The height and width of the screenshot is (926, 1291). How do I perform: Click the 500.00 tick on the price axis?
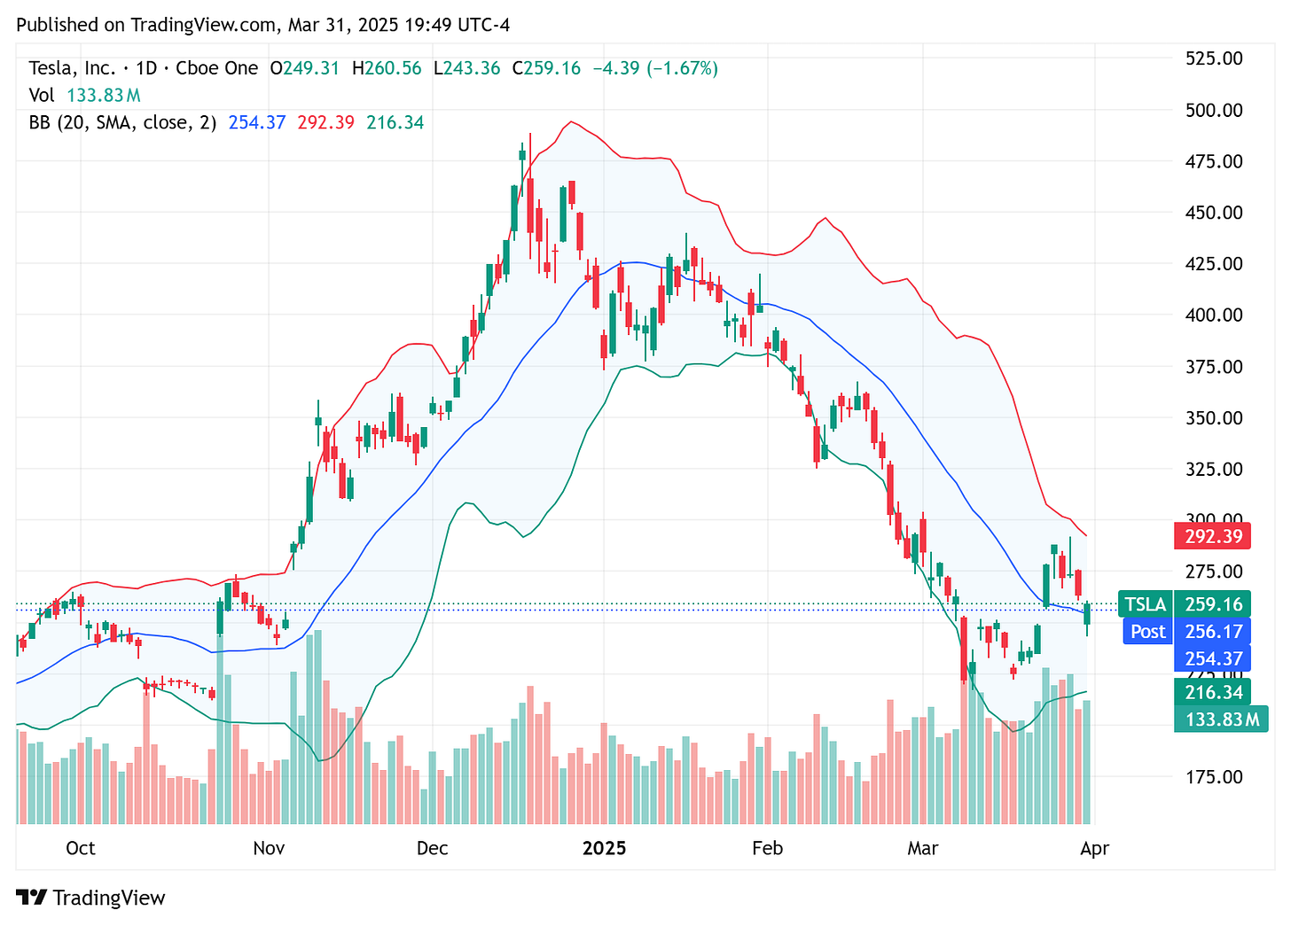[1213, 110]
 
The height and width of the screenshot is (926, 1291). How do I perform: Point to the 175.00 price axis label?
[1213, 777]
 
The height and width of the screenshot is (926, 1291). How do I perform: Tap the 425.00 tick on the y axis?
[1213, 264]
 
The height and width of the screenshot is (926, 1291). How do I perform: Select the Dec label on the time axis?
[432, 848]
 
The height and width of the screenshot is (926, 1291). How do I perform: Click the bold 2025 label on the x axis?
[604, 848]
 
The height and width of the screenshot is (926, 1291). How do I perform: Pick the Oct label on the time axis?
[81, 848]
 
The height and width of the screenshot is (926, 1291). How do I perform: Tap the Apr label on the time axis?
[1094, 848]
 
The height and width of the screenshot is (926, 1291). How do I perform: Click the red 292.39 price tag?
[1212, 536]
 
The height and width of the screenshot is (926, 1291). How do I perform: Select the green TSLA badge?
[1145, 604]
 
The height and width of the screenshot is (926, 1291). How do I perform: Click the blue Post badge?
[1147, 632]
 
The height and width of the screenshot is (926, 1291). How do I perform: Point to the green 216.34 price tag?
[1212, 692]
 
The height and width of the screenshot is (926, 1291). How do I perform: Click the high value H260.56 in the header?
[387, 68]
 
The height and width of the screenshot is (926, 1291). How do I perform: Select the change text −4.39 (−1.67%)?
[655, 68]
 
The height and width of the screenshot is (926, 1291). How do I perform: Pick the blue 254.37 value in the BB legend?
[257, 122]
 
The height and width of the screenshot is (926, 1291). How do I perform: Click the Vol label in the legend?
[41, 96]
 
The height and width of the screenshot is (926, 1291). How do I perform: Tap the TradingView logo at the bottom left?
[91, 898]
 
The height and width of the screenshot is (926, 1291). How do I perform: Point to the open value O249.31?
[305, 68]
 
